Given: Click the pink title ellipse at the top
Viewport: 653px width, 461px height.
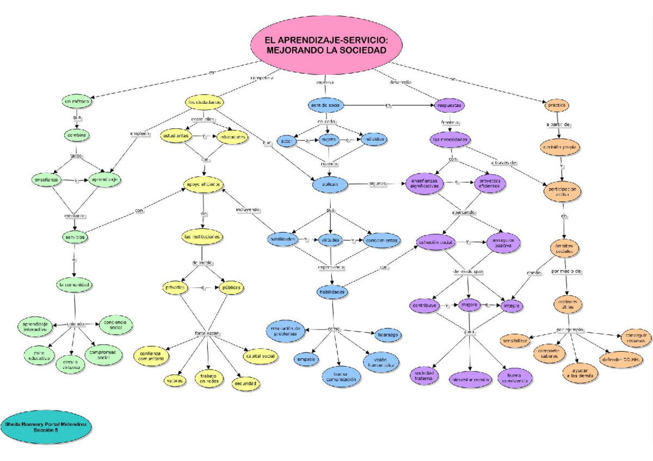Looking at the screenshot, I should pos(326,45).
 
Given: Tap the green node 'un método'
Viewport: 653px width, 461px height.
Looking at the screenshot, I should pos(76,102).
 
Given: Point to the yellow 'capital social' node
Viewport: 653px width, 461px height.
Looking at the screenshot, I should pos(261,356).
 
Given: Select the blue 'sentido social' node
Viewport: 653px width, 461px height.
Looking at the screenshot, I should pos(325,104).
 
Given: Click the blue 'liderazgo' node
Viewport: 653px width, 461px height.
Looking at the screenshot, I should pos(387,335).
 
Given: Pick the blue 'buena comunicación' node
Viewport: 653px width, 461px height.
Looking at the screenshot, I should pos(341,376).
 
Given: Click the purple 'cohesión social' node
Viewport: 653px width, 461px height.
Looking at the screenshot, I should pos(435,242).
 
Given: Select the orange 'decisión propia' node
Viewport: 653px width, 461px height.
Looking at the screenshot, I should pos(559,147).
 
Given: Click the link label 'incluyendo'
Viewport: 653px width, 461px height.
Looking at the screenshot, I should pos(248,209).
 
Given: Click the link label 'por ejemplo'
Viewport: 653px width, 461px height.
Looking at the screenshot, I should pos(570,329).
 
